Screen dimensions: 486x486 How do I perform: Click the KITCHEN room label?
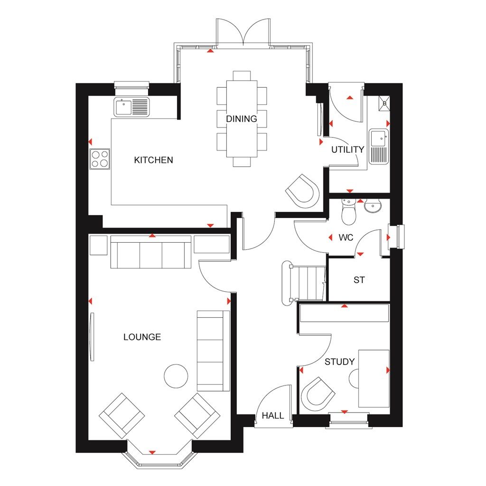pos(153,160)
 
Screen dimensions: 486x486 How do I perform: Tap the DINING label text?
pos(241,119)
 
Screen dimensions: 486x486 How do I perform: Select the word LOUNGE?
pos(142,337)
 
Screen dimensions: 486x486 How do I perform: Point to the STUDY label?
pos(339,362)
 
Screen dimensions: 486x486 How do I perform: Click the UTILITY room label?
pos(347,149)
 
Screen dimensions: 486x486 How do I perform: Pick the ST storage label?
pos(359,280)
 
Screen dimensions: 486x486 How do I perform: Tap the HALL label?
pos(273,416)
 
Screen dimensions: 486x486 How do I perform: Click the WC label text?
pos(346,238)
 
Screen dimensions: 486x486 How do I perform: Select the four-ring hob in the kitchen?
pos(100,159)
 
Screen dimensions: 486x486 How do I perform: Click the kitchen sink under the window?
pos(131,106)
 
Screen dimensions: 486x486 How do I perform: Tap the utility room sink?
pos(379,146)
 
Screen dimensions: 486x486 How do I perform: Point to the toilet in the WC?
pos(349,212)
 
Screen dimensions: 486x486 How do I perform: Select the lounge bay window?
pos(159,458)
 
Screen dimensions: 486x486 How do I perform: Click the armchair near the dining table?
pos(302,191)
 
